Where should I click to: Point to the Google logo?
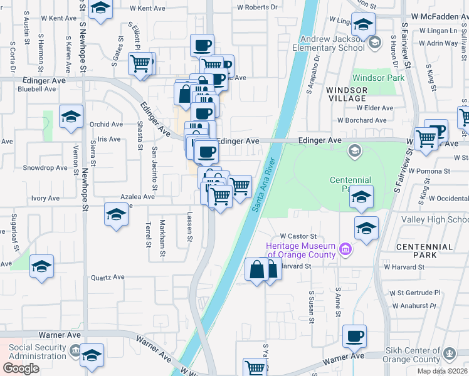[x=21, y=368]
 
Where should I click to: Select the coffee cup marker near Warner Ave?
[x=355, y=336]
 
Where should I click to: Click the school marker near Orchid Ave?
[x=71, y=117]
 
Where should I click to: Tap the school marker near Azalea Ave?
[x=116, y=215]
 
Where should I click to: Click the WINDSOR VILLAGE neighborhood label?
[x=346, y=94]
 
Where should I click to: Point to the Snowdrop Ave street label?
[x=45, y=168]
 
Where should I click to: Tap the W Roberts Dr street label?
[x=257, y=8]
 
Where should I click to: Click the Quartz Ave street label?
[x=108, y=277]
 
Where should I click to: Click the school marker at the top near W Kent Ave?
[x=100, y=9]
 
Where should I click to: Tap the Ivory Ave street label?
[x=45, y=198]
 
